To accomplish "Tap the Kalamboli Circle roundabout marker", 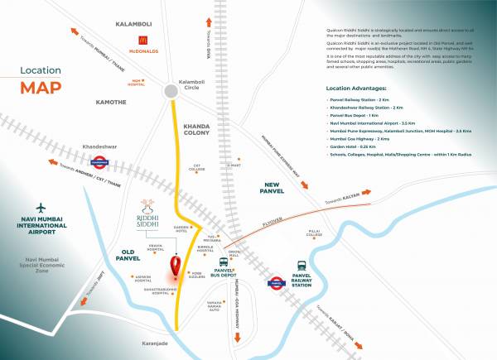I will point(171,89).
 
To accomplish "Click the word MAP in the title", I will point(41,87).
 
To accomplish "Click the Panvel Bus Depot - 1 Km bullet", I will point(359,114).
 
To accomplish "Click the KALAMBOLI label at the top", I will point(138,26).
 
